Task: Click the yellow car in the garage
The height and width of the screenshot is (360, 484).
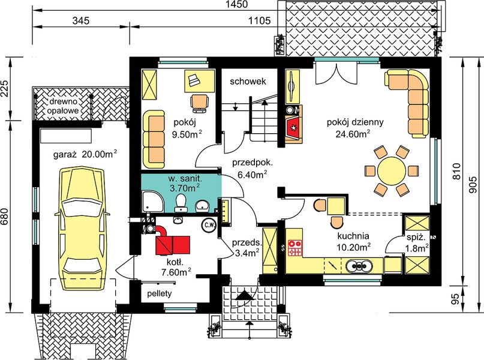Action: tap(82, 225)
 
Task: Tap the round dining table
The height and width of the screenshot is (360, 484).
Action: tap(392, 171)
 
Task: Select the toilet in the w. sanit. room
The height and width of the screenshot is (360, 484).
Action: tap(181, 203)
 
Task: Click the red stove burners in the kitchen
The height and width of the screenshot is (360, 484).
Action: tap(294, 248)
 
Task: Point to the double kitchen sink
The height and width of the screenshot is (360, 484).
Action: tap(359, 266)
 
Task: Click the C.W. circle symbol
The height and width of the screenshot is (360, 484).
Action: tap(209, 224)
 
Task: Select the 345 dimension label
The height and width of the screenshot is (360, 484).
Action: tap(81, 20)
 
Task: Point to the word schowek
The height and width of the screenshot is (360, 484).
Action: tap(248, 82)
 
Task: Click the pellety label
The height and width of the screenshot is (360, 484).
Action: tap(160, 293)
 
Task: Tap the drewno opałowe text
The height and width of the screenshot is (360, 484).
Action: tap(63, 106)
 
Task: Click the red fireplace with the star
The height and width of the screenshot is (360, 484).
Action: tap(293, 127)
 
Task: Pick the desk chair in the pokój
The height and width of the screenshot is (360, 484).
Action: tap(200, 102)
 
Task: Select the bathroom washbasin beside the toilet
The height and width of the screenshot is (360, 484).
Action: tap(203, 205)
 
